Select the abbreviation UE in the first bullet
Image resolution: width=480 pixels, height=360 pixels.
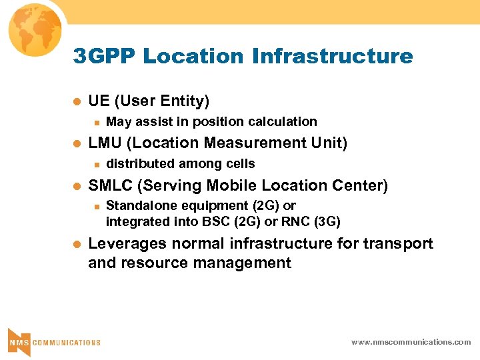99,101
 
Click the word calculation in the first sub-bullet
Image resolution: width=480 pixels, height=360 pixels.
282,121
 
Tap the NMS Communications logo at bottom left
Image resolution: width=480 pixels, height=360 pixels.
53,341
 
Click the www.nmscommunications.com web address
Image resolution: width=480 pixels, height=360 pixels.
411,342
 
